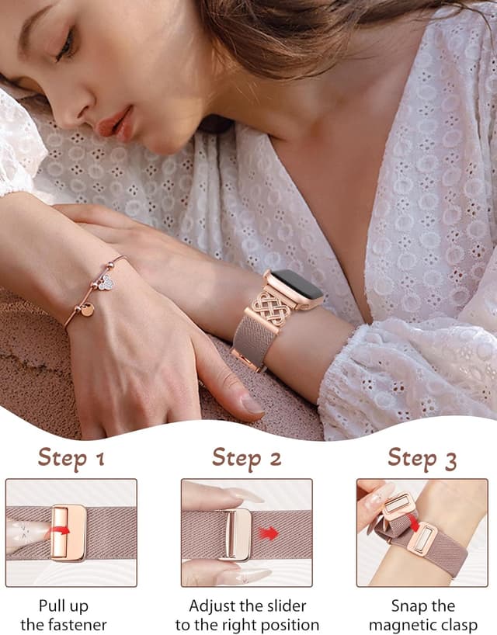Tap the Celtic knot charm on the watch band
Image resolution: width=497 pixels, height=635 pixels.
click(x=272, y=309)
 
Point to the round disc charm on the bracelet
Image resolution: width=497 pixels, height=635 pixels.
click(x=87, y=310)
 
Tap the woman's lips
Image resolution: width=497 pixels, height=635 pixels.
click(x=115, y=123)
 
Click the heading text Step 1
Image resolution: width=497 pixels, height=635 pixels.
click(x=71, y=459)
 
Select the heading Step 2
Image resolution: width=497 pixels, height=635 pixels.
click(x=247, y=458)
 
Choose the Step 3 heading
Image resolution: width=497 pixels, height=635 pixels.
click(x=422, y=459)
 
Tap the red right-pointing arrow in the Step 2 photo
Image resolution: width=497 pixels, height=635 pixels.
click(x=269, y=533)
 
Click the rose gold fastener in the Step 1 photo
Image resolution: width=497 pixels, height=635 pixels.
click(x=69, y=533)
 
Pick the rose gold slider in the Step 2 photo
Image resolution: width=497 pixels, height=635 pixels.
click(x=235, y=533)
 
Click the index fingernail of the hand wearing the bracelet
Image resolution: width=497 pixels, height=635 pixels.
click(x=252, y=404)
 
